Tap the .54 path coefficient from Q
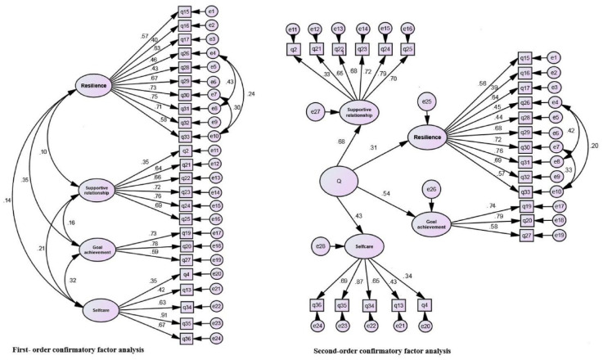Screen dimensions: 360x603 coord(388,194)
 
